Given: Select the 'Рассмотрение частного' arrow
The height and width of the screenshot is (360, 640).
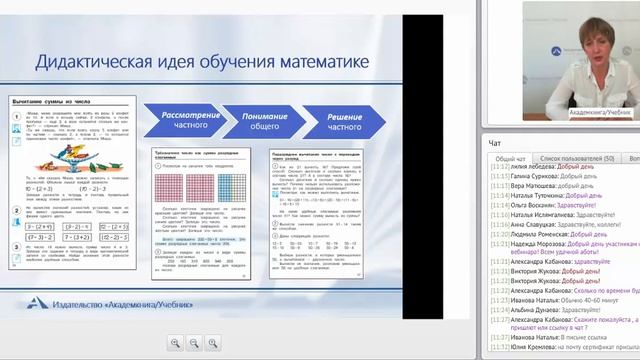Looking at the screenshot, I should (179, 122).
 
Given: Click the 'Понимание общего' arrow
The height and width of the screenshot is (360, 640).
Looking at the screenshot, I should (267, 122).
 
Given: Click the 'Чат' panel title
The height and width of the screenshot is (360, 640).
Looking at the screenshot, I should (495, 143).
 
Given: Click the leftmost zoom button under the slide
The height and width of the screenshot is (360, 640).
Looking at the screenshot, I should (175, 343).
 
